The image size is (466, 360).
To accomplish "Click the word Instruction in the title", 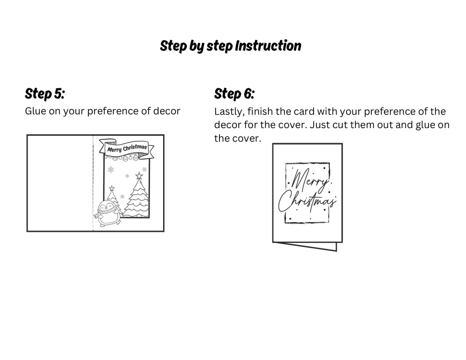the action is pos(268,46).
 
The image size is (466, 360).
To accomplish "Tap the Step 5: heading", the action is pos(45,94).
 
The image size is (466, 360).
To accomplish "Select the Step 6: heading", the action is pos(234,94).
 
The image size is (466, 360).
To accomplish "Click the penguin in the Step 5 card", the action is pos(108,213).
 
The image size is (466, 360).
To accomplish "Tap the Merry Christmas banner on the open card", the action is pos(127,147).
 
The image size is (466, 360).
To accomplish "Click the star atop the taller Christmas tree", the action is pos(139,176).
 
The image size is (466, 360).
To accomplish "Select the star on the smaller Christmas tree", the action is pos(112,188).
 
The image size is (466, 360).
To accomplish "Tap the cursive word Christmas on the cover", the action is pos(307,202).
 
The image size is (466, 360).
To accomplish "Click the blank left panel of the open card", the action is pos(60,183).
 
